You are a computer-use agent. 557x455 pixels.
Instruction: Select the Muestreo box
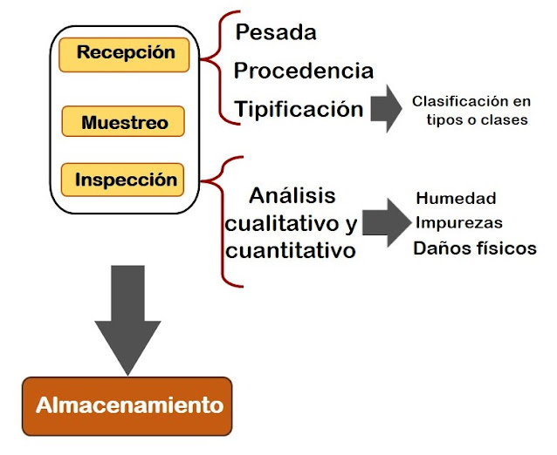[124, 122]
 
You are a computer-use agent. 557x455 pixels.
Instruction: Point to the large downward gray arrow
[127, 314]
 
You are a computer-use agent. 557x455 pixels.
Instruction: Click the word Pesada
[276, 33]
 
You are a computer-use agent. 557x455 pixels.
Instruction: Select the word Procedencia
[303, 71]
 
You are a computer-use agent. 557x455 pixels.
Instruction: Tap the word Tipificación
[299, 109]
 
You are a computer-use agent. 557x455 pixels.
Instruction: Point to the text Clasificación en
[471, 100]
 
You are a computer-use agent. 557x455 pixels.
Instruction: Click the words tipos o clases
[477, 119]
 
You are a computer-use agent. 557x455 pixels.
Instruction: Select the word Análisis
[292, 194]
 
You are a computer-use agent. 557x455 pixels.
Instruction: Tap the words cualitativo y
[291, 223]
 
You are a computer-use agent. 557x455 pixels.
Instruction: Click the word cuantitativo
[290, 251]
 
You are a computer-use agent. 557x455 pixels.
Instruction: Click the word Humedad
[456, 198]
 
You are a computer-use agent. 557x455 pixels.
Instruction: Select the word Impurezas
[458, 222]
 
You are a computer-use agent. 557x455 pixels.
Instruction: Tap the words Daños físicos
[475, 248]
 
